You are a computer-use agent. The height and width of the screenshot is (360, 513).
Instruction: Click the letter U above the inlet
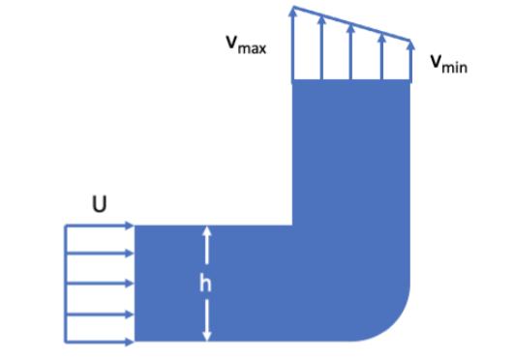click(99, 205)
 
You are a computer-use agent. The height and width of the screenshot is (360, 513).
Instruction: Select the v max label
click(246, 45)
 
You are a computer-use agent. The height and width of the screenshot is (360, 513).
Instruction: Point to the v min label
click(447, 64)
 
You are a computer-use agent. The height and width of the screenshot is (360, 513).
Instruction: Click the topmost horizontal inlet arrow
click(99, 225)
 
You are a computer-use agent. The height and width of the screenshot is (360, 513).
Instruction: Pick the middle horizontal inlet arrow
click(99, 284)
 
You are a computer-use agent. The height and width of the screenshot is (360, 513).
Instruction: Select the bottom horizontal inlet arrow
click(99, 341)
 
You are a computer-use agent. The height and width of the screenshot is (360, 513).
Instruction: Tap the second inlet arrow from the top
click(99, 255)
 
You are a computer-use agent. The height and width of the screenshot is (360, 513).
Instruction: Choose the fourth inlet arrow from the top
click(99, 313)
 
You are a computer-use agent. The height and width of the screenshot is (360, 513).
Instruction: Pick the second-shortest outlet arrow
click(382, 56)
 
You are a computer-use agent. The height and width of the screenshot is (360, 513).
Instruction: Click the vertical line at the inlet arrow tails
click(65, 284)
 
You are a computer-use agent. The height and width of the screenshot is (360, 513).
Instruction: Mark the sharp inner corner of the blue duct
click(292, 226)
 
